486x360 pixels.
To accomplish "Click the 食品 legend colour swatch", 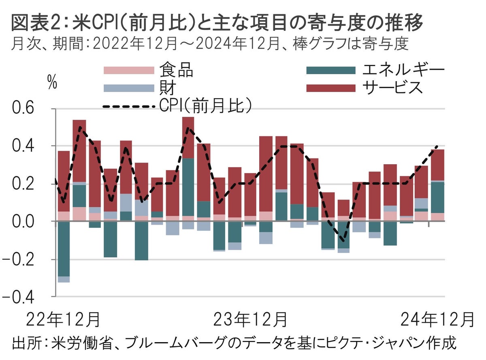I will tap(129, 70).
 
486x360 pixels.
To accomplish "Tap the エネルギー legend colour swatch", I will tap(330, 70).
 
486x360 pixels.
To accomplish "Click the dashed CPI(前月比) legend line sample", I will tap(129, 107).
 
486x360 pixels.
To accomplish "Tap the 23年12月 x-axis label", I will tap(250, 319).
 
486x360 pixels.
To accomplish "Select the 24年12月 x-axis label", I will tap(437, 319).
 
